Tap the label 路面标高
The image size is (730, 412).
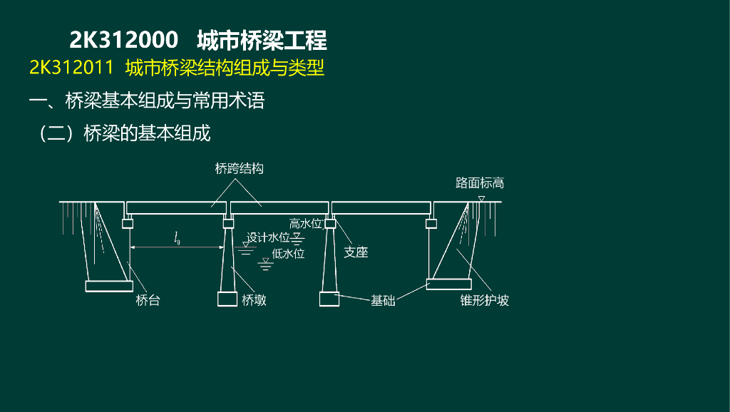[480, 183]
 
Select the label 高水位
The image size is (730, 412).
[307, 223]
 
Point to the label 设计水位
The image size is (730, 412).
[268, 237]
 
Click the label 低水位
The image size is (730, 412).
[288, 253]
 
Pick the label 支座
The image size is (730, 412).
[356, 252]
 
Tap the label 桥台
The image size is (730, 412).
[148, 300]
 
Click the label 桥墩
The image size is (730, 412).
[255, 300]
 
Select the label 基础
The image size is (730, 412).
[383, 300]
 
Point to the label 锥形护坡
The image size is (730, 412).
[485, 300]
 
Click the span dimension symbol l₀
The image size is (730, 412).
[177, 239]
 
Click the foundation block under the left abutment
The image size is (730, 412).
[108, 286]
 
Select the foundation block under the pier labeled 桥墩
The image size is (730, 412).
[227, 299]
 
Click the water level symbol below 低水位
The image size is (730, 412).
[267, 264]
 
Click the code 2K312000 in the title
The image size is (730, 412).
[123, 40]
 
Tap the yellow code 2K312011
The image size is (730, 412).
[71, 68]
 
